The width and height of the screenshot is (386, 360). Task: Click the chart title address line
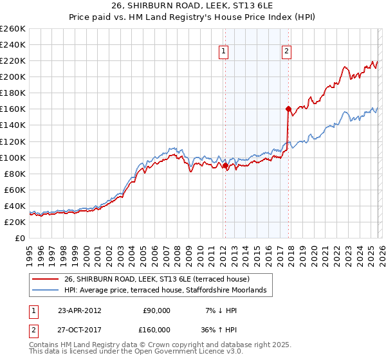193,6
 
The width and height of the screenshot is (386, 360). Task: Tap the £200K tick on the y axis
13,76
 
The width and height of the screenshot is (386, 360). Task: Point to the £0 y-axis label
21,238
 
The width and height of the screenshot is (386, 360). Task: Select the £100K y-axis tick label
13,157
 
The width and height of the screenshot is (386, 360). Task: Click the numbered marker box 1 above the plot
223,52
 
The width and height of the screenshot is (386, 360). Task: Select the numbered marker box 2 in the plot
286,52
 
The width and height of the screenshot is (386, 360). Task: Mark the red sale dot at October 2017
288,109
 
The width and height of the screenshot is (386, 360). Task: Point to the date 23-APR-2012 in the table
80,310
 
